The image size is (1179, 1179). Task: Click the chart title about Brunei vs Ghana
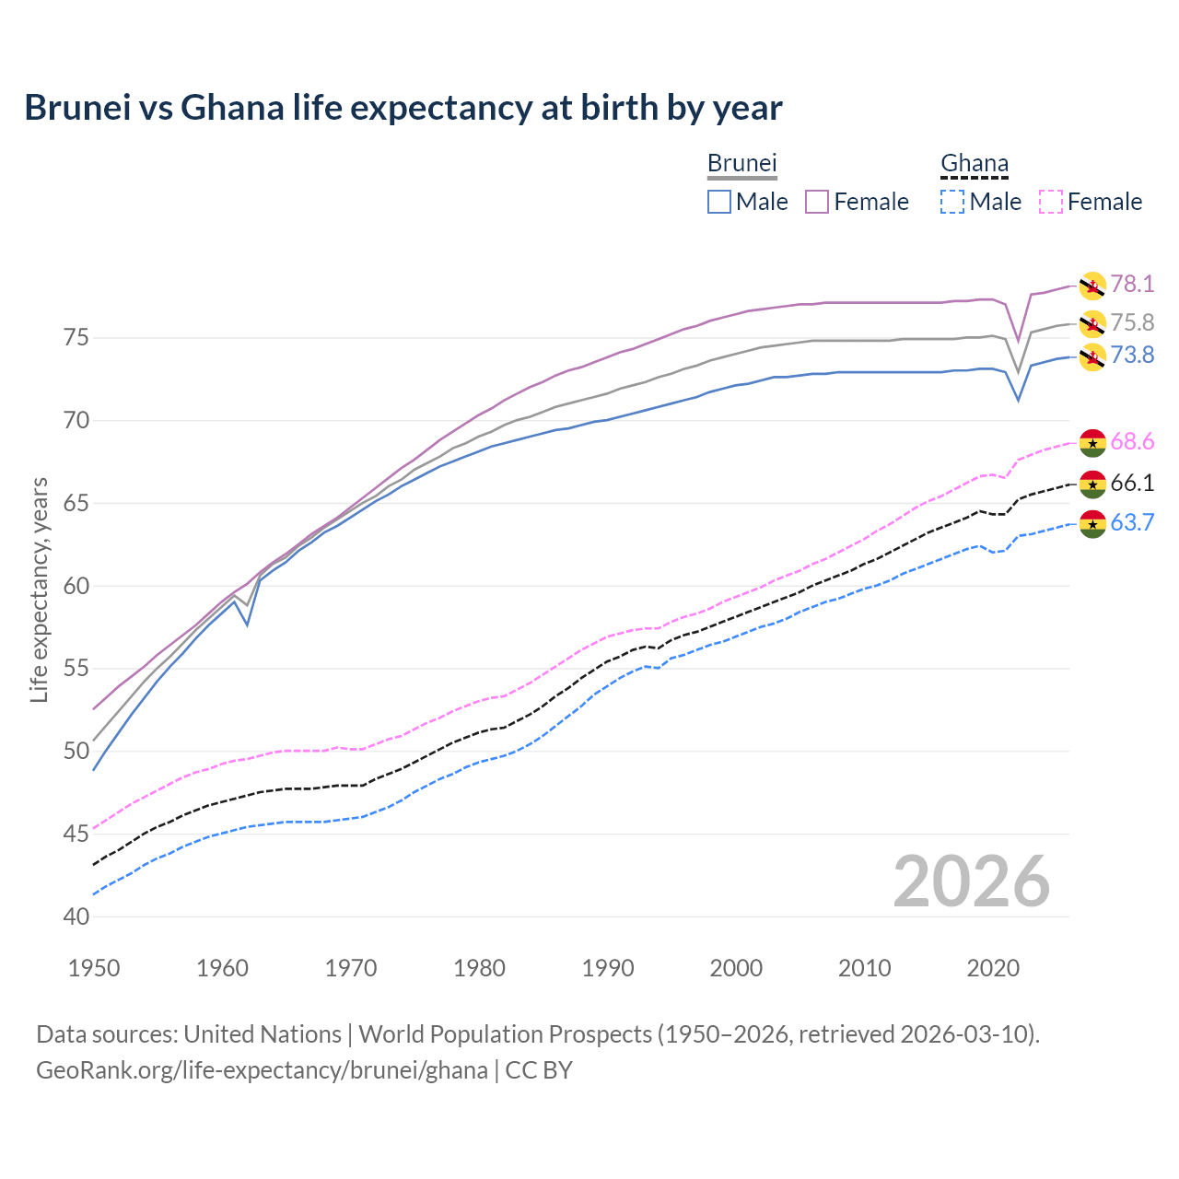(403, 108)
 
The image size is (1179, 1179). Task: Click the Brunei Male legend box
(719, 202)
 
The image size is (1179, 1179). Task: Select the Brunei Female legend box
(818, 202)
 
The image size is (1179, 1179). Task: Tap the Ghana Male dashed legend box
(952, 202)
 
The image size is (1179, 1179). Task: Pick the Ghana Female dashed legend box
(1051, 202)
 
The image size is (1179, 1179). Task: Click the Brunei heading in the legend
(742, 163)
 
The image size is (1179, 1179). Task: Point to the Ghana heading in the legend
(975, 163)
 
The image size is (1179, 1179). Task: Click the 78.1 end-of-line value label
(1132, 284)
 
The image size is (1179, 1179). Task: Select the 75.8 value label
(1132, 322)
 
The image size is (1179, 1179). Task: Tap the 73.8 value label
(1132, 356)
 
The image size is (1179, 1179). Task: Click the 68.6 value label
(1132, 442)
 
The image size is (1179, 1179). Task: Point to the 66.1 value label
(1132, 484)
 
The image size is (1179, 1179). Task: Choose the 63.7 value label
(1132, 523)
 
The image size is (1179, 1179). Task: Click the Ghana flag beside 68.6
(1092, 442)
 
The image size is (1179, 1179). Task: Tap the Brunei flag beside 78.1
(1092, 286)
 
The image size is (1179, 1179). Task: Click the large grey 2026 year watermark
(972, 881)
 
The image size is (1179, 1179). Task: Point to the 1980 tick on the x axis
(479, 968)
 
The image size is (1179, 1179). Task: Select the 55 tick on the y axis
(77, 669)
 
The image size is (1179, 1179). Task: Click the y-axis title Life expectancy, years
(39, 589)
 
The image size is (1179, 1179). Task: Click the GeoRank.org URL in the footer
(263, 1070)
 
